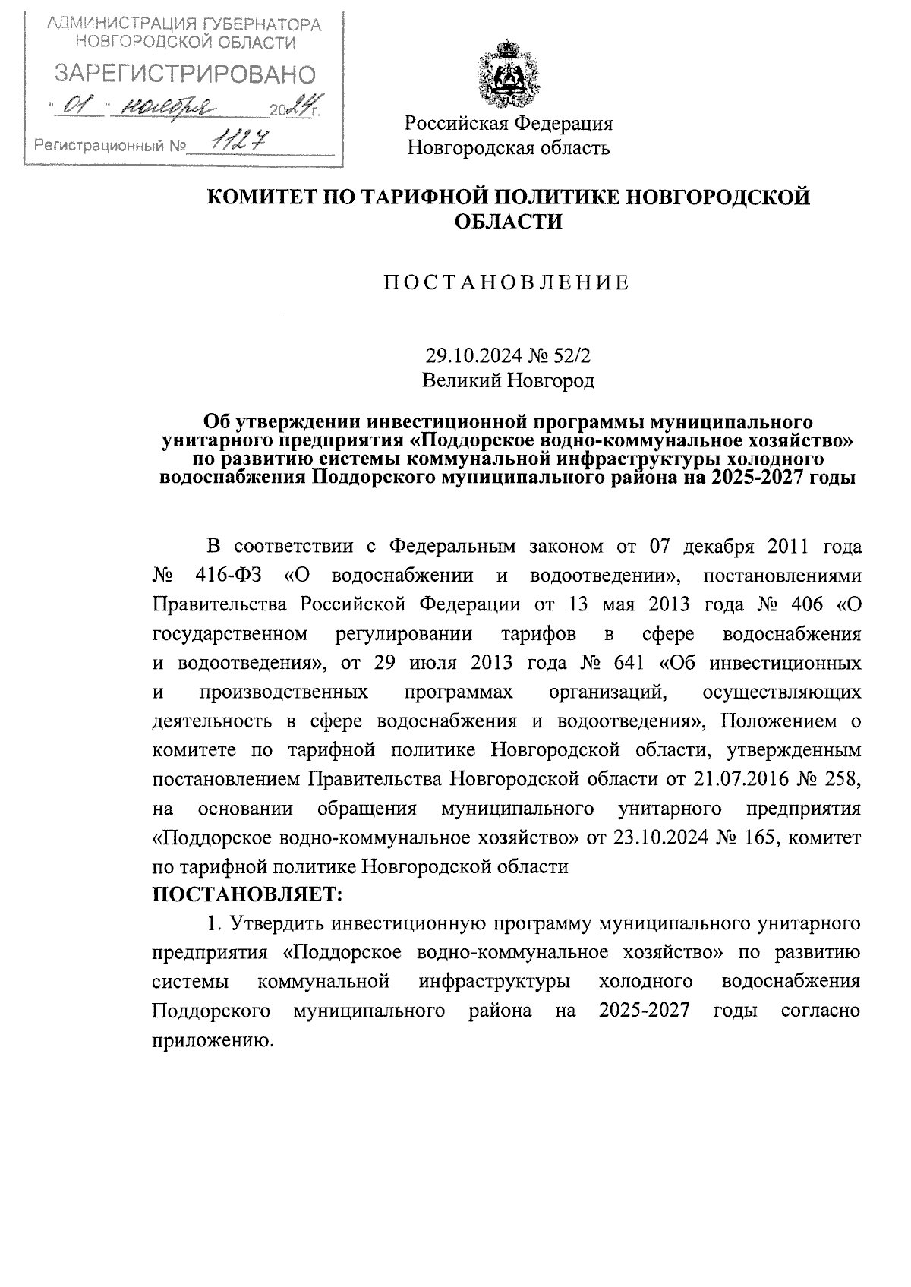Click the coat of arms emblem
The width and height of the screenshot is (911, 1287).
click(507, 76)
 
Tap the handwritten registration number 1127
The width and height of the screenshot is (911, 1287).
click(234, 140)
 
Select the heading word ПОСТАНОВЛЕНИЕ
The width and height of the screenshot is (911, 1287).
click(506, 283)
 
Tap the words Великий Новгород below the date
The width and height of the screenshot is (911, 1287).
click(508, 380)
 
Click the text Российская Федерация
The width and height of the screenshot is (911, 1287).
click(508, 123)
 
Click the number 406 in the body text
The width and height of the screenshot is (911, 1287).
click(802, 604)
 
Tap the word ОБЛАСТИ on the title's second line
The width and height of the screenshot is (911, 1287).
click(508, 222)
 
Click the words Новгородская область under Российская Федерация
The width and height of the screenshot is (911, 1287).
click(508, 147)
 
